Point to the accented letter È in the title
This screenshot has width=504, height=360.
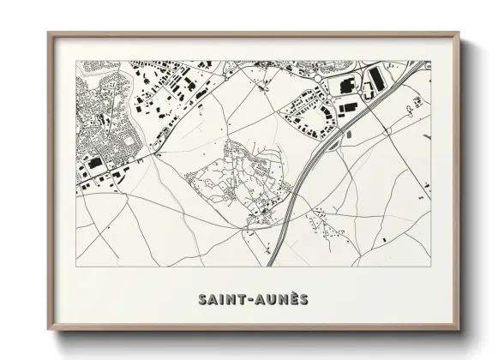pyautogui.click(x=291, y=299)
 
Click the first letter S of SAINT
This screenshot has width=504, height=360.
pyautogui.click(x=202, y=300)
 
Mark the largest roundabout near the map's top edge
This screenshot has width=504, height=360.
pyautogui.click(x=318, y=78)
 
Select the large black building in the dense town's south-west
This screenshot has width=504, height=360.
pyautogui.click(x=96, y=163)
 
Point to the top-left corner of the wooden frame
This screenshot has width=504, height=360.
pyautogui.click(x=49, y=34)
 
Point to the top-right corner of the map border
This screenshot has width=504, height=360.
pyautogui.click(x=431, y=61)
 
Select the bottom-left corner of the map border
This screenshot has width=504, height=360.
pyautogui.click(x=75, y=267)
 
